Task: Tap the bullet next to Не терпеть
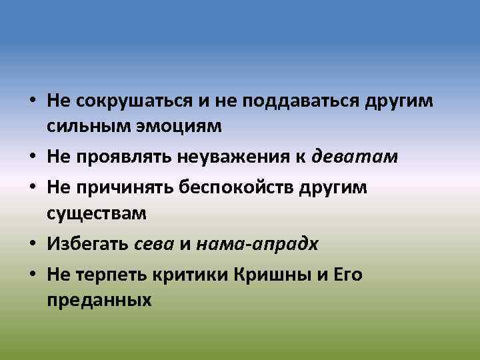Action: [x=32, y=275]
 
